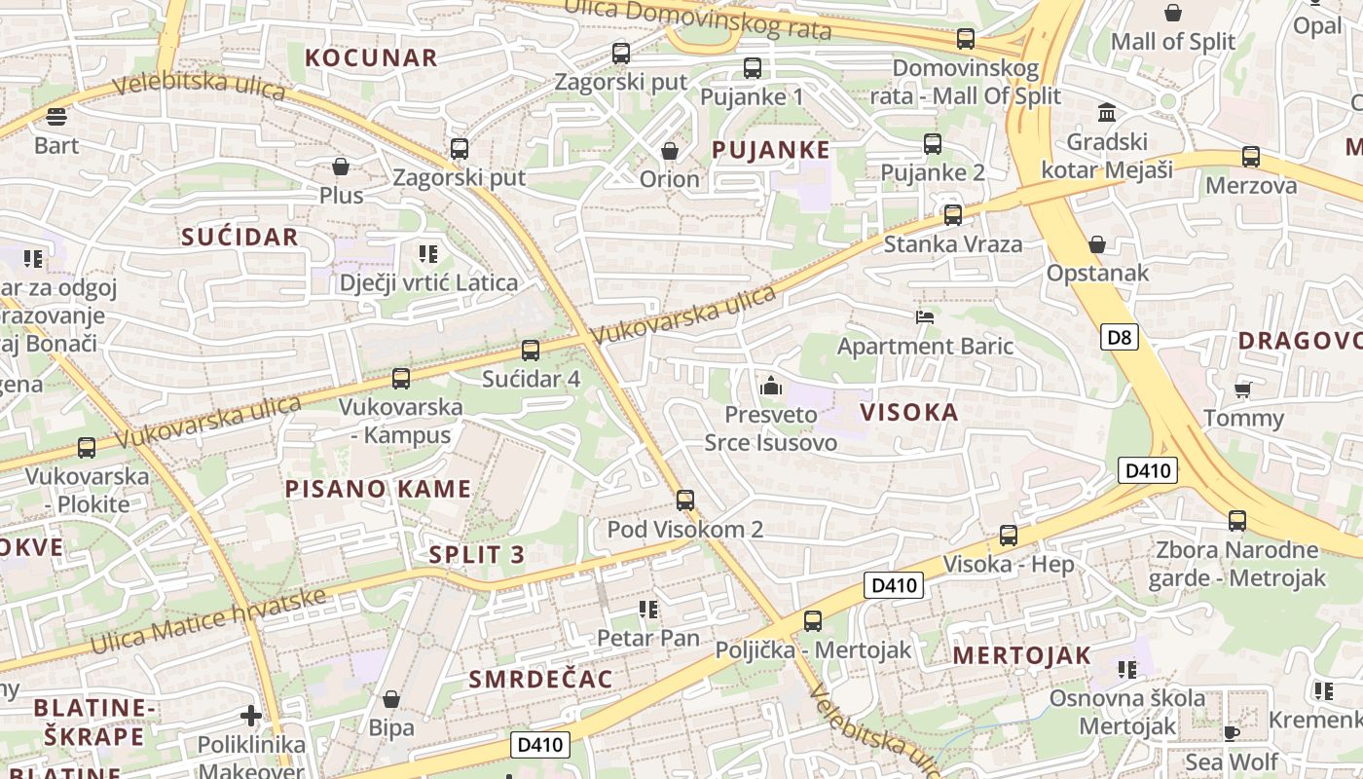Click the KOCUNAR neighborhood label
[371, 57]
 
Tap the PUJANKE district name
[770, 150]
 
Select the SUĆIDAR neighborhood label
[239, 237]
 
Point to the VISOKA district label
[909, 412]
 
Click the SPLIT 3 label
[477, 555]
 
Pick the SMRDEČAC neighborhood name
[541, 679]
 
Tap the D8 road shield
[1121, 338]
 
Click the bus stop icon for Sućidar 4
[531, 351]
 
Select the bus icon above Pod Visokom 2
[685, 501]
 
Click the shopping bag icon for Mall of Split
[1173, 13]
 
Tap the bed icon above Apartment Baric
[925, 317]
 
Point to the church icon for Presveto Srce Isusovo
[771, 386]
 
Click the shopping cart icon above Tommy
[1242, 389]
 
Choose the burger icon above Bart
[56, 117]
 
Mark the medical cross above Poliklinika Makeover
[251, 717]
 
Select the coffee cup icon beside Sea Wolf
[1232, 733]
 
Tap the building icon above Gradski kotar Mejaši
[1107, 113]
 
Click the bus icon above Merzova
[1251, 157]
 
